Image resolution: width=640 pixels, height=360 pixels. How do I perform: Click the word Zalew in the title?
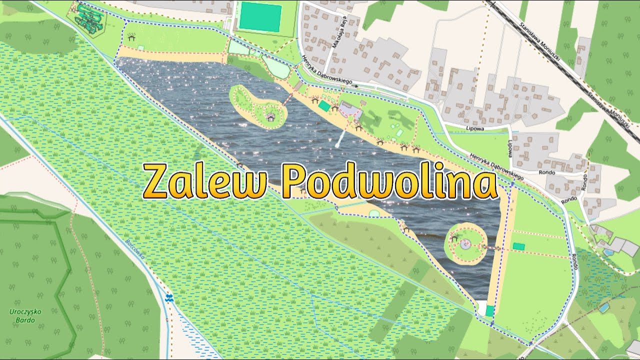point(205,181)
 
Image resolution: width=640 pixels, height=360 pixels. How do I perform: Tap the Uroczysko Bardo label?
point(25,316)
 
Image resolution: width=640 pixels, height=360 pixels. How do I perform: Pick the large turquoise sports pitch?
point(260,16)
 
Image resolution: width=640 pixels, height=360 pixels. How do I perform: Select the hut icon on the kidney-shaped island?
point(270,116)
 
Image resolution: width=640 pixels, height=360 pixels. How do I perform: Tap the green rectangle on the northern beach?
point(324,106)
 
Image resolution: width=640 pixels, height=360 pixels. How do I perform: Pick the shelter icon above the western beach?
point(131,36)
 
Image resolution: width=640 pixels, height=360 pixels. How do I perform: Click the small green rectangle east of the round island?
point(519,246)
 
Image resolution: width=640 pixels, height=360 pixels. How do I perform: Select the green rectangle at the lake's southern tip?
point(490,310)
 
